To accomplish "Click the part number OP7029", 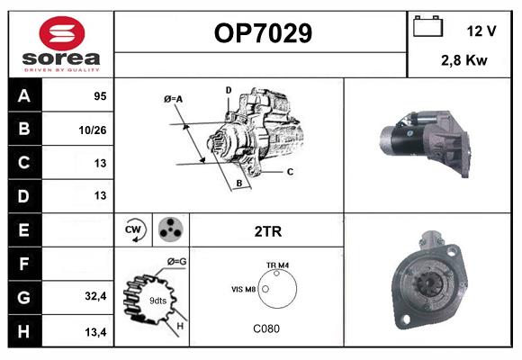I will pos(263,33).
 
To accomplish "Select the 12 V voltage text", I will pos(481,31).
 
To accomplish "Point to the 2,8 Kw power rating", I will pos(465,60).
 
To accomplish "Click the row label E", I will pos(22,230).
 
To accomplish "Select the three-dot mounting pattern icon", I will pos(169,230).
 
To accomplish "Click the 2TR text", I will pos(268,231).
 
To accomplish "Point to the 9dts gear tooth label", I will pos(157,300).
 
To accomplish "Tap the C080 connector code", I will pos(266,328).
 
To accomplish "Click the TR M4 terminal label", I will pos(277,265).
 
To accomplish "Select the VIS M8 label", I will pos(245,289).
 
